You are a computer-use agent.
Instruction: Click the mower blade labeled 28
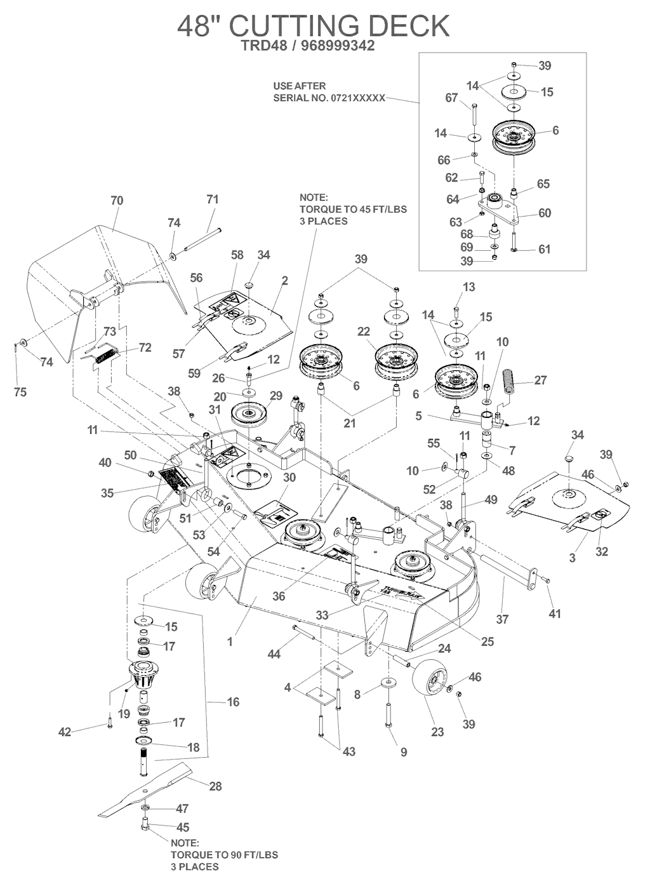(147, 789)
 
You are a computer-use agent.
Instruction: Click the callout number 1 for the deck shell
(230, 642)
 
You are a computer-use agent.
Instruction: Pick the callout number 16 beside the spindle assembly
(233, 702)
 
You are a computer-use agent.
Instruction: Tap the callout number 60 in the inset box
(545, 213)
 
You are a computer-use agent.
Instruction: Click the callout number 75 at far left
(20, 393)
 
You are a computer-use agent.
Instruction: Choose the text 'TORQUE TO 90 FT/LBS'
(225, 855)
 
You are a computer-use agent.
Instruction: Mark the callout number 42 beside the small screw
(64, 732)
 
